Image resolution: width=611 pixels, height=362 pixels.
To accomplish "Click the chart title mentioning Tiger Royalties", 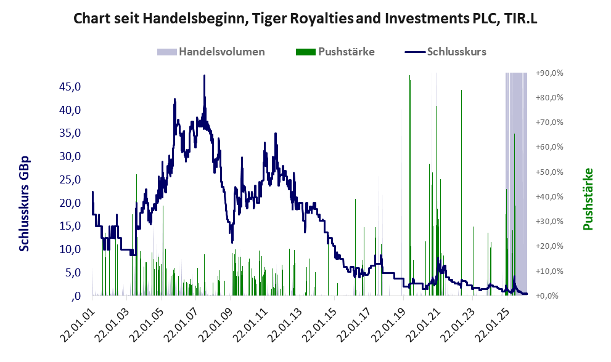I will coord(305,18).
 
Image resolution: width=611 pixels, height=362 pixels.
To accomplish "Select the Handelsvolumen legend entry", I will coord(221,52).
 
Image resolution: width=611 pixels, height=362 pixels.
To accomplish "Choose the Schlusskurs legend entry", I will coord(456,52).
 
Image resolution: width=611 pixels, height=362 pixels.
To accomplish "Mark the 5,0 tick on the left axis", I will coord(72,273).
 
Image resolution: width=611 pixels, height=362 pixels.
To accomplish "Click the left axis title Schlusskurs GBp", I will coord(25,204).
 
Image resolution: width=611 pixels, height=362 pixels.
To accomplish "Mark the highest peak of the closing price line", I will coord(204,76).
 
